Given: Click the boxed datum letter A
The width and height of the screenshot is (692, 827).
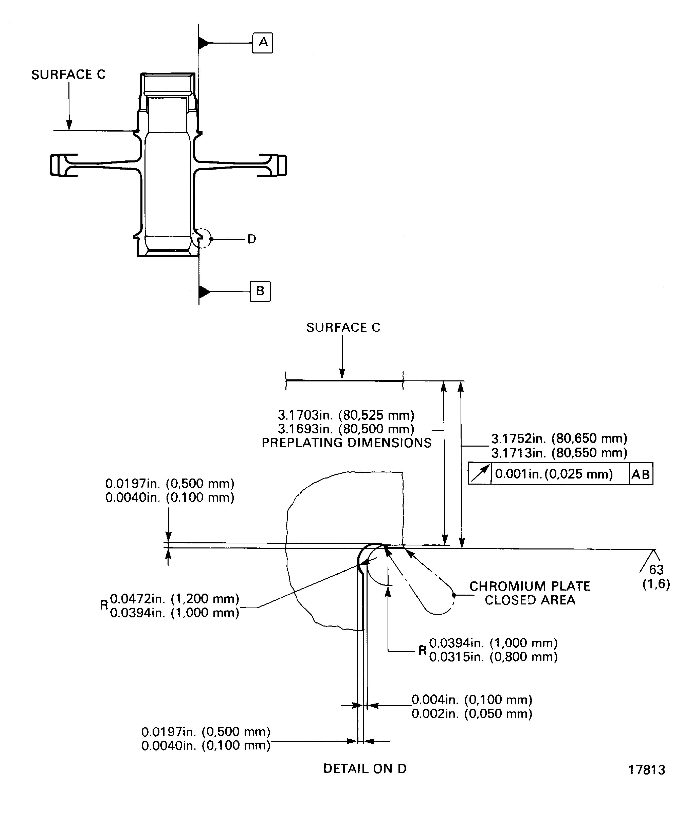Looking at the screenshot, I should click(x=263, y=43).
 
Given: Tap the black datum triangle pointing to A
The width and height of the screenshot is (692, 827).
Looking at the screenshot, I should click(x=204, y=43).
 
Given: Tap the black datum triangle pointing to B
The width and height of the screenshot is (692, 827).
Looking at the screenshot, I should click(x=204, y=292).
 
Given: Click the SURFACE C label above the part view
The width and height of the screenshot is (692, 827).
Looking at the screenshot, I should click(x=68, y=75).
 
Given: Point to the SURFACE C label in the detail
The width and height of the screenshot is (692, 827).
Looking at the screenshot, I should click(x=343, y=328).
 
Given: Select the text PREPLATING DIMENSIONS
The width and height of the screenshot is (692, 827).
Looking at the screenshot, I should click(x=347, y=443).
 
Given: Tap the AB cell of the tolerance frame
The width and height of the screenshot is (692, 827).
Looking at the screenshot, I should click(x=641, y=474).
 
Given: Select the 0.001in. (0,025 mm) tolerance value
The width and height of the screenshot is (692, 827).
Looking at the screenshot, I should click(x=554, y=474).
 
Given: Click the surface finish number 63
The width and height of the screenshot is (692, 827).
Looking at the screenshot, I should click(x=656, y=569).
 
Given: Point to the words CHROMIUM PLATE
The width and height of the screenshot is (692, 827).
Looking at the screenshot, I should click(x=530, y=586).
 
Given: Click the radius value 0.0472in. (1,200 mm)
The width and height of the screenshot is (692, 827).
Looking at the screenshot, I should click(x=174, y=599).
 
